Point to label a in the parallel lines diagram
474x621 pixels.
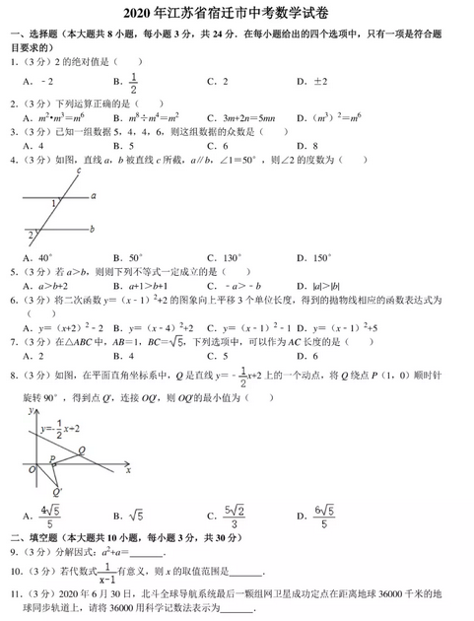[93, 195]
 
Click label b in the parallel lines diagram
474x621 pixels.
[92, 229]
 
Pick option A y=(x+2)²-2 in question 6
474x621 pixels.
[63, 326]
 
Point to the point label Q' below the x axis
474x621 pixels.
[57, 491]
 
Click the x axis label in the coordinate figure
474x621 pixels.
[128, 470]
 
